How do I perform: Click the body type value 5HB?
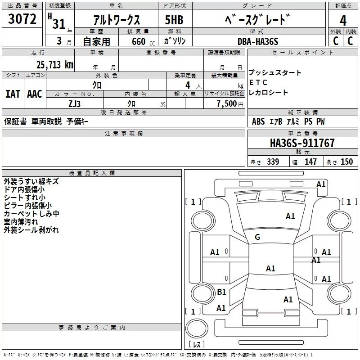pyautogui.click(x=174, y=20)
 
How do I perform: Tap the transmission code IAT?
pyautogui.click(x=13, y=94)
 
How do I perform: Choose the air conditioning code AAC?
pyautogui.click(x=34, y=94)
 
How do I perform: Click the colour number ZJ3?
pyautogui.click(x=75, y=103)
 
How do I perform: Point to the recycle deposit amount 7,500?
pyautogui.click(x=226, y=103)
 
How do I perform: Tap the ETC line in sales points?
pyautogui.click(x=258, y=83)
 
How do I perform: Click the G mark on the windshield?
pyautogui.click(x=257, y=237)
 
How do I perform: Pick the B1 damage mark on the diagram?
pyautogui.click(x=221, y=292)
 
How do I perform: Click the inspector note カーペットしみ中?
pyautogui.click(x=31, y=214)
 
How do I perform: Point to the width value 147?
pyautogui.click(x=310, y=162)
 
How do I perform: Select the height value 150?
pyautogui.click(x=346, y=162)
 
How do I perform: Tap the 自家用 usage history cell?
pyautogui.click(x=96, y=42)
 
